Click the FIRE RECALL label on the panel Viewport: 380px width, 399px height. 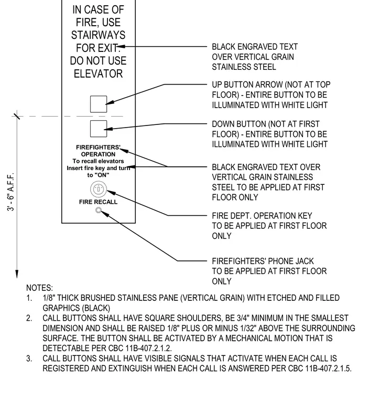[99, 202]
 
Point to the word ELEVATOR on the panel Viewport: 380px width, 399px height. [99, 74]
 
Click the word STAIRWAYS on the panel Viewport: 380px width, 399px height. [99, 35]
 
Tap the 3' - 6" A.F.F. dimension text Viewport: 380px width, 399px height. [10, 192]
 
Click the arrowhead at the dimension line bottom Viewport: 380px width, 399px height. [17, 274]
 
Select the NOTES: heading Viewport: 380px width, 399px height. [40, 288]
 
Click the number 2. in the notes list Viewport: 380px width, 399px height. [29, 318]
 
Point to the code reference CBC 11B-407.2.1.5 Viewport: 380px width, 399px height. [320, 369]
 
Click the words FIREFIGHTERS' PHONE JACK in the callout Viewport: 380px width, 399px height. [263, 261]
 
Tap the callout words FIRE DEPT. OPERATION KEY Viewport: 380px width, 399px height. [262, 216]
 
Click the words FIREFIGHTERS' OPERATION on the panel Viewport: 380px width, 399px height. [99, 151]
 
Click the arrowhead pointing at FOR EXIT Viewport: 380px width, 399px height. [121, 47]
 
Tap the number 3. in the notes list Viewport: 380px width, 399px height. [29, 359]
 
